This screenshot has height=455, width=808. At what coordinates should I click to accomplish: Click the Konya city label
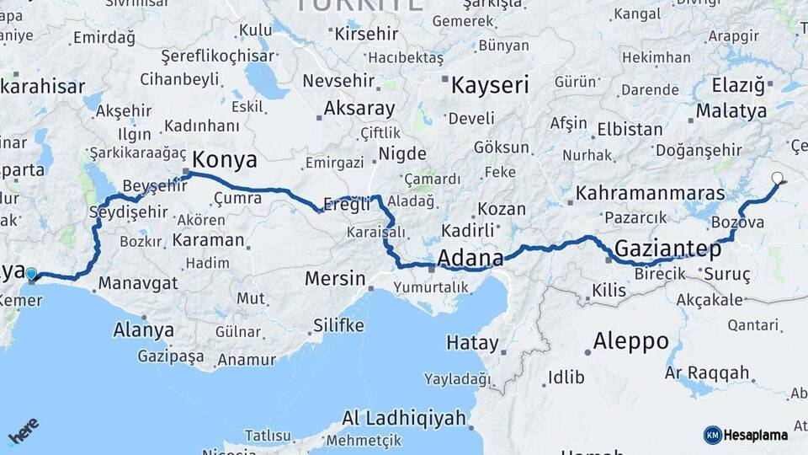(225, 160)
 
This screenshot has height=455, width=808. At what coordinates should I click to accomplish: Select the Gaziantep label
(668, 249)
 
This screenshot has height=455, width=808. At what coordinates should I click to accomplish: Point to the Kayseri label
(490, 85)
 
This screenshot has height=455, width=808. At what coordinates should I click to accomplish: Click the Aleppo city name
(630, 341)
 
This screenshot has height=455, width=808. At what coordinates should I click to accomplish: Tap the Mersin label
(335, 278)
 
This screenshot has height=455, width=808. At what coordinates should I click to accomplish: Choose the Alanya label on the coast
(143, 329)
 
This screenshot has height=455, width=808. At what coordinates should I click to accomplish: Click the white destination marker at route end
(777, 179)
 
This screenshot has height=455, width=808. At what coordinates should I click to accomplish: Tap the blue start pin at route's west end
(31, 274)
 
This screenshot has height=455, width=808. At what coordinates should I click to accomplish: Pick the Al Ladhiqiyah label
(404, 418)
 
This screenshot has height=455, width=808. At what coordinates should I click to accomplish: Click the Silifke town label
(338, 325)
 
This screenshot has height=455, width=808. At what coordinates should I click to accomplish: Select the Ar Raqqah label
(707, 372)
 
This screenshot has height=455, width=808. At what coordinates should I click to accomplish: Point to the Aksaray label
(359, 109)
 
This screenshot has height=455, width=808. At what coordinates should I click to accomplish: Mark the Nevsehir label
(337, 81)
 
